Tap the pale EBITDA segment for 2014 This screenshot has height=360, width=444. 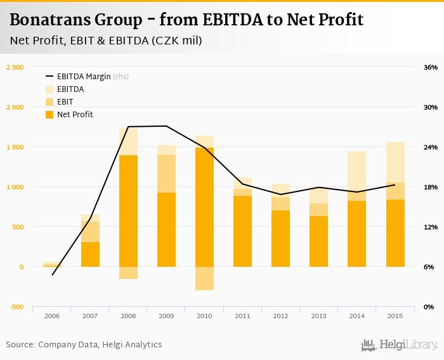pyautogui.click(x=356, y=171)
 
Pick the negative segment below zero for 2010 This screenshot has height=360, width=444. pyautogui.click(x=204, y=278)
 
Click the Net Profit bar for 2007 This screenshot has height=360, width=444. pyautogui.click(x=90, y=254)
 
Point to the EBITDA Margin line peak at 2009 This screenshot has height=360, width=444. pyautogui.click(x=166, y=126)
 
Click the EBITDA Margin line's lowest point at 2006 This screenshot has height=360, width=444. pyautogui.click(x=52, y=275)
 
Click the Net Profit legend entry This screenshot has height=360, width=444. pyautogui.click(x=75, y=115)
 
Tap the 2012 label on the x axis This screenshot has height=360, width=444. pyautogui.click(x=280, y=315)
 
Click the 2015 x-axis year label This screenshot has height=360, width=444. pyautogui.click(x=395, y=315)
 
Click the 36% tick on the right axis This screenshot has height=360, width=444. pyautogui.click(x=431, y=67)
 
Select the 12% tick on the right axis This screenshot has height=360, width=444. pyautogui.click(x=431, y=227)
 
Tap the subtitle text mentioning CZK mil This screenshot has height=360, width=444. pyautogui.click(x=106, y=41)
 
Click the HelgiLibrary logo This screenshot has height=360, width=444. pyautogui.click(x=400, y=345)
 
